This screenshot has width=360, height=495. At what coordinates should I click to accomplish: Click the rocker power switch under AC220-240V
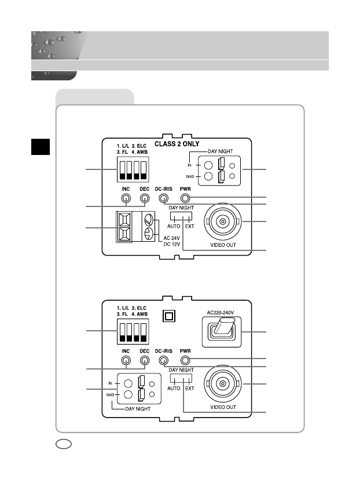click(x=222, y=330)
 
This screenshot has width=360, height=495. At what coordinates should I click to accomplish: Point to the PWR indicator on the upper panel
click(x=186, y=198)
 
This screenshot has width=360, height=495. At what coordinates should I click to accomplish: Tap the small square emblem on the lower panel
click(x=169, y=316)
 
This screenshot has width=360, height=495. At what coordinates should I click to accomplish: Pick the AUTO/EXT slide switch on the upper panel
click(x=181, y=216)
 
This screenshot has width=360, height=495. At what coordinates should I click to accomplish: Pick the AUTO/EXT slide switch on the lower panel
click(x=181, y=378)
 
